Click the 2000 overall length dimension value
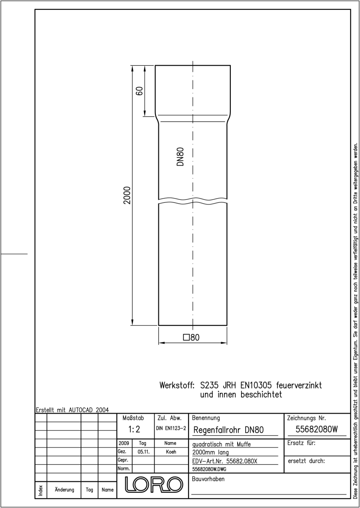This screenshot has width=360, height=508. tap(127, 195)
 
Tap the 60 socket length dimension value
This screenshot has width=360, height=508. tap(140, 91)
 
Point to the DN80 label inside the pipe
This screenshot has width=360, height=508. tap(180, 157)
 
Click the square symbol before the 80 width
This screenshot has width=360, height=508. tap(186, 337)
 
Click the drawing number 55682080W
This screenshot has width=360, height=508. tap(317, 429)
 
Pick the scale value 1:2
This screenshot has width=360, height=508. tap(134, 429)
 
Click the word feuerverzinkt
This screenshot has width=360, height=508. tap(299, 385)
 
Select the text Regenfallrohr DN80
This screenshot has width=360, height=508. tap(228, 430)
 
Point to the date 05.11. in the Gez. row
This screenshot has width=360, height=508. tap(144, 452)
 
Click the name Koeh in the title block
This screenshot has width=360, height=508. tap(171, 452)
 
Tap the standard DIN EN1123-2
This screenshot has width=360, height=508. tap(171, 428)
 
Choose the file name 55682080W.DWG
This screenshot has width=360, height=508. tap(209, 469)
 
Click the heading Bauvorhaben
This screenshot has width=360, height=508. tap(208, 479)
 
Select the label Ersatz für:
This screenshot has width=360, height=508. tap(301, 443)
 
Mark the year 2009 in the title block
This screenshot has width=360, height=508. tap(124, 443)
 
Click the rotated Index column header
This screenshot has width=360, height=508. tap(41, 490)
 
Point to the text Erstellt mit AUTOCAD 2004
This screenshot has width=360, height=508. tap(72, 410)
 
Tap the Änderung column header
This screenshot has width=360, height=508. tap(64, 489)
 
